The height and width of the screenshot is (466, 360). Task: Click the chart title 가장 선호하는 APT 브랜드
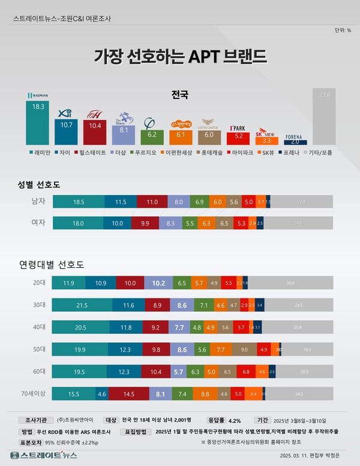(x=180, y=57)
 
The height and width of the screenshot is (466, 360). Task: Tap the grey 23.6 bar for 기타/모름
(x=325, y=116)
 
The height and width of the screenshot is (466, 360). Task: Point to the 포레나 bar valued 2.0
(x=295, y=142)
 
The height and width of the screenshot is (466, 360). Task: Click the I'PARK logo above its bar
(x=238, y=128)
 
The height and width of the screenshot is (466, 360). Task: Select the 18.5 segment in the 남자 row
(x=79, y=201)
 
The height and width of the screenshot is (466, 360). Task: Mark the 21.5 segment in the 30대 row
(x=82, y=305)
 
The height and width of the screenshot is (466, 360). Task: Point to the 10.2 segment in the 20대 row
(x=159, y=282)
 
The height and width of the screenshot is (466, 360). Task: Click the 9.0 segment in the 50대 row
(x=244, y=349)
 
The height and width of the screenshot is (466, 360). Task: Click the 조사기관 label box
(x=36, y=420)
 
